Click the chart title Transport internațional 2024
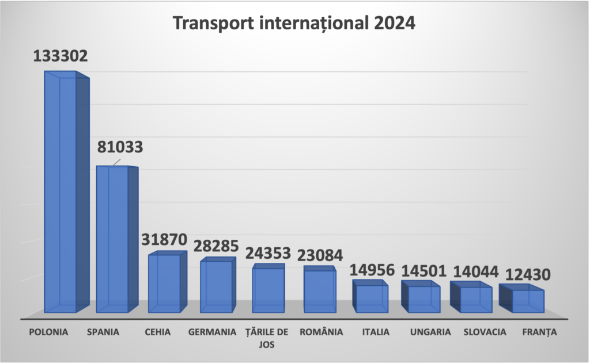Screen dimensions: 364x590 click(x=294, y=24)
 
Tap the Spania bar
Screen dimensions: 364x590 click(x=112, y=239)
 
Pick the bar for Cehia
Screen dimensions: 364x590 click(x=164, y=283)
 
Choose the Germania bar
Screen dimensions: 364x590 click(x=216, y=286)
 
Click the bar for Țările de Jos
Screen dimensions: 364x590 click(x=268, y=290)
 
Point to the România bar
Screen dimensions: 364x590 click(x=320, y=291)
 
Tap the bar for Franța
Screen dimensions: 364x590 click(x=527, y=301)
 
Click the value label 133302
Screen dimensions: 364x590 click(x=60, y=57)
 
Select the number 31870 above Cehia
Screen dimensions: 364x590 click(x=164, y=239)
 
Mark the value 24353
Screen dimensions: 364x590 click(x=268, y=253)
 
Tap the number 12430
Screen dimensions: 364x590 click(x=527, y=275)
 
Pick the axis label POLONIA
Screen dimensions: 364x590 click(x=49, y=332)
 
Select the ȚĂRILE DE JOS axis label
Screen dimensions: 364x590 click(x=266, y=338)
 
